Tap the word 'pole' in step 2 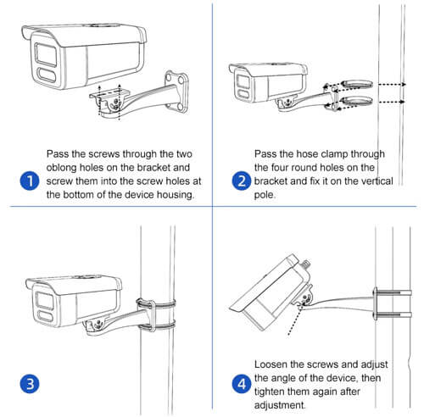[x=266, y=194]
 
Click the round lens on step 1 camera [x=43, y=52]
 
